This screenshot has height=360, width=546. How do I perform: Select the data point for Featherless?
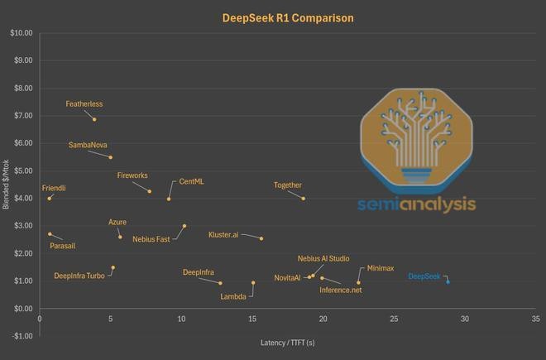point(94,119)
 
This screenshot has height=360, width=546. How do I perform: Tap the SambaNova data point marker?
point(110,157)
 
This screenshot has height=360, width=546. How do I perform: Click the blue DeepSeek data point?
point(448,281)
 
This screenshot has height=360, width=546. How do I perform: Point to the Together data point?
point(304,199)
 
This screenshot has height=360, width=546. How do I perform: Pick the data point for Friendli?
point(50,199)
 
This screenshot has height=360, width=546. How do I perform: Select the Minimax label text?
point(381,268)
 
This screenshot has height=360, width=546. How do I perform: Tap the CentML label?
point(192,182)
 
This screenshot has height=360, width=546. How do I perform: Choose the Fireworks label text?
point(132,175)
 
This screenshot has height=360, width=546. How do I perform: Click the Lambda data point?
point(253,283)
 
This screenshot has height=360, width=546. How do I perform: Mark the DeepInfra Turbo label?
point(79,276)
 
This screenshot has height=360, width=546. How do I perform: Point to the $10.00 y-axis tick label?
point(21,33)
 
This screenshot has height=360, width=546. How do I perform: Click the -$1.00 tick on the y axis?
point(22,336)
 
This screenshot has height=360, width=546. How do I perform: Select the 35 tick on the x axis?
point(535,318)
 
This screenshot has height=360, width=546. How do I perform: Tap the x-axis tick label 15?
point(252,318)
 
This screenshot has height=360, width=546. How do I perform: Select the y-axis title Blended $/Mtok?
point(7,184)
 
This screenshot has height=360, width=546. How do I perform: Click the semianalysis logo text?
point(416,204)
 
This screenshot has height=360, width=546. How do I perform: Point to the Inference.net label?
point(340,290)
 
